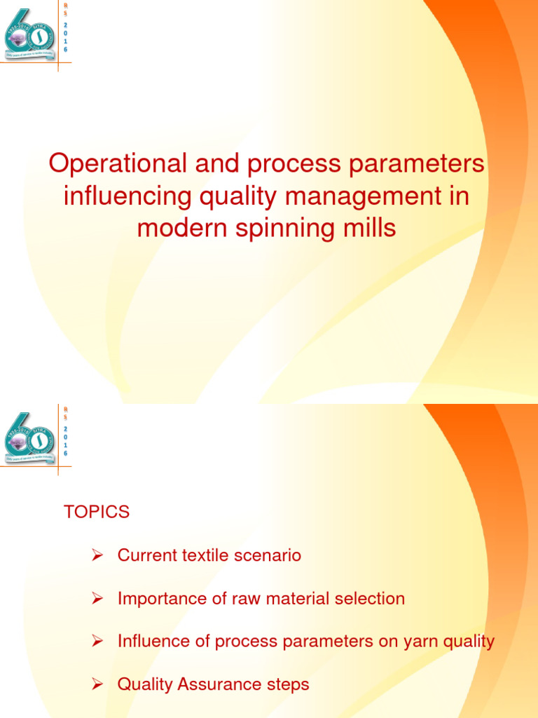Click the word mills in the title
pyautogui.click(x=368, y=229)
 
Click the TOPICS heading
pyautogui.click(x=97, y=513)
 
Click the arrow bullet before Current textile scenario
pyautogui.click(x=99, y=556)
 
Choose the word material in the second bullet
pyautogui.click(x=300, y=599)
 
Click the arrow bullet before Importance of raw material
pyautogui.click(x=99, y=599)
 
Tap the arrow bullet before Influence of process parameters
pyautogui.click(x=99, y=642)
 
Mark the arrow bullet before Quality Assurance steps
pyautogui.click(x=99, y=684)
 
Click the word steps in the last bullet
pyautogui.click(x=287, y=684)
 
